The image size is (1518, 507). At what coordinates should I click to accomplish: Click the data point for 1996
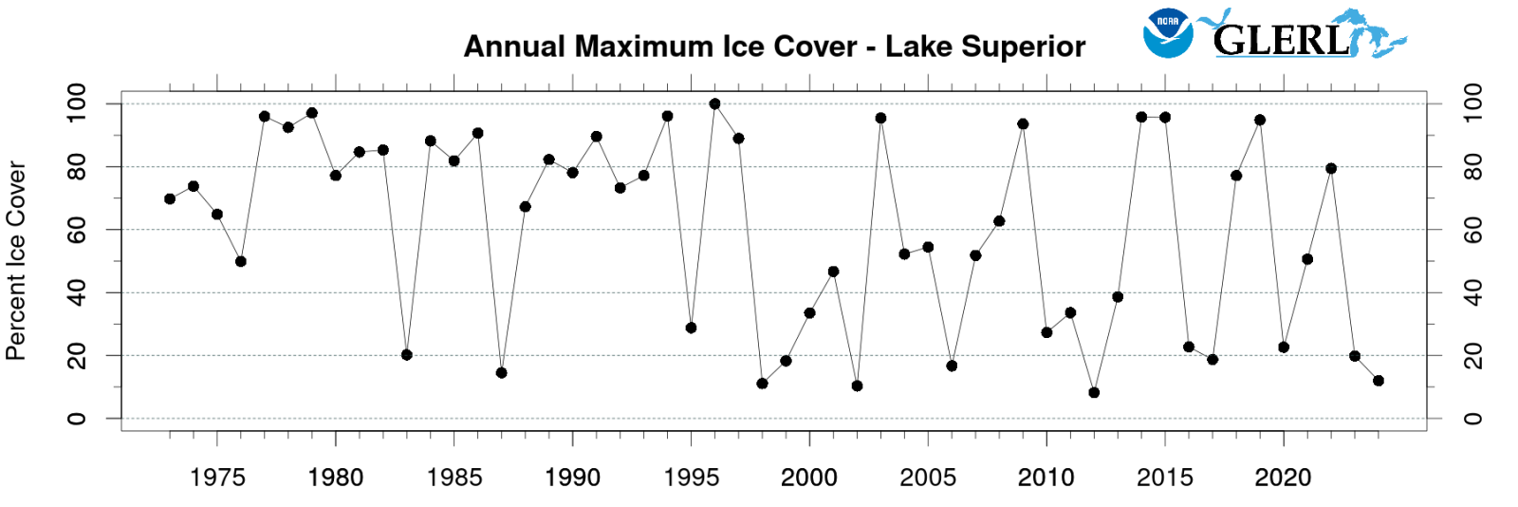pyautogui.click(x=714, y=104)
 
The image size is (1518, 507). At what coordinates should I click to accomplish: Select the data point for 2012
pyautogui.click(x=1094, y=392)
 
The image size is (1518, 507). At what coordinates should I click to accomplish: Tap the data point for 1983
pyautogui.click(x=407, y=355)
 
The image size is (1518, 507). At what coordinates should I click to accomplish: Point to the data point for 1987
pyautogui.click(x=501, y=373)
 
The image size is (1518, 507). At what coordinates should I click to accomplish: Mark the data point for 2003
pyautogui.click(x=880, y=119)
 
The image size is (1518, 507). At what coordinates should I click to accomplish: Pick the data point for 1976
pyautogui.click(x=241, y=261)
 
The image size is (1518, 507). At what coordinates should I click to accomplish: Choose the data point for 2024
pyautogui.click(x=1379, y=381)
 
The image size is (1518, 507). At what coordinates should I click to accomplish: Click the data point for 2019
pyautogui.click(x=1260, y=121)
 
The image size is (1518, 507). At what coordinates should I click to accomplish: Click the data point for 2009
pyautogui.click(x=1023, y=124)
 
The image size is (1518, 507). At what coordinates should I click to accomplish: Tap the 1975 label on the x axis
pyautogui.click(x=217, y=478)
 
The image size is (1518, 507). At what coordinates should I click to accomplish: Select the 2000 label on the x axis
pyautogui.click(x=809, y=478)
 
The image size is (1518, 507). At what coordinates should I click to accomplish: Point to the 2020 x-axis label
pyautogui.click(x=1283, y=478)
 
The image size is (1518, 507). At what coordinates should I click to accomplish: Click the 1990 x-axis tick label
pyautogui.click(x=572, y=478)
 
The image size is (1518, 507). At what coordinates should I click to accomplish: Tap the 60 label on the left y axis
pyautogui.click(x=76, y=230)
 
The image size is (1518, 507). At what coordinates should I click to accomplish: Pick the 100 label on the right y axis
pyautogui.click(x=1472, y=103)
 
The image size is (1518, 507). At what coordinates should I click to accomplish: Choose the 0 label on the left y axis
pyautogui.click(x=76, y=419)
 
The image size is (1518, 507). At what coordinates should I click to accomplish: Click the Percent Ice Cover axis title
pyautogui.click(x=16, y=261)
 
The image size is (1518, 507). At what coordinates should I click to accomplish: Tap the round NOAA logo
pyautogui.click(x=1168, y=33)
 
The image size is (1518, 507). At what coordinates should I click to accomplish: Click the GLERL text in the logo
pyautogui.click(x=1281, y=40)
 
